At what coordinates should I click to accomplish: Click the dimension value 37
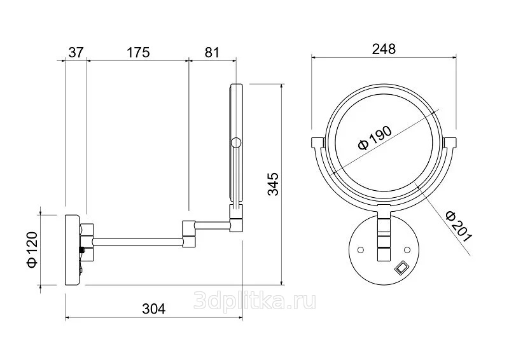76,52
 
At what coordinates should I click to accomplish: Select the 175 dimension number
138,52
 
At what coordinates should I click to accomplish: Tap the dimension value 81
212,52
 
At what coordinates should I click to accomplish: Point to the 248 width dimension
384,49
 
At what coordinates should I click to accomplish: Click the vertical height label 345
274,184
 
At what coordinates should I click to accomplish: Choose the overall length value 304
153,308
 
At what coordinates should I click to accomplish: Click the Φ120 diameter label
33,249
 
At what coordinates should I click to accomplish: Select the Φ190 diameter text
375,137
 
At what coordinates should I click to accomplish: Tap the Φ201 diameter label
458,226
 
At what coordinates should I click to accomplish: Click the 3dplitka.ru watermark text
254,300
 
